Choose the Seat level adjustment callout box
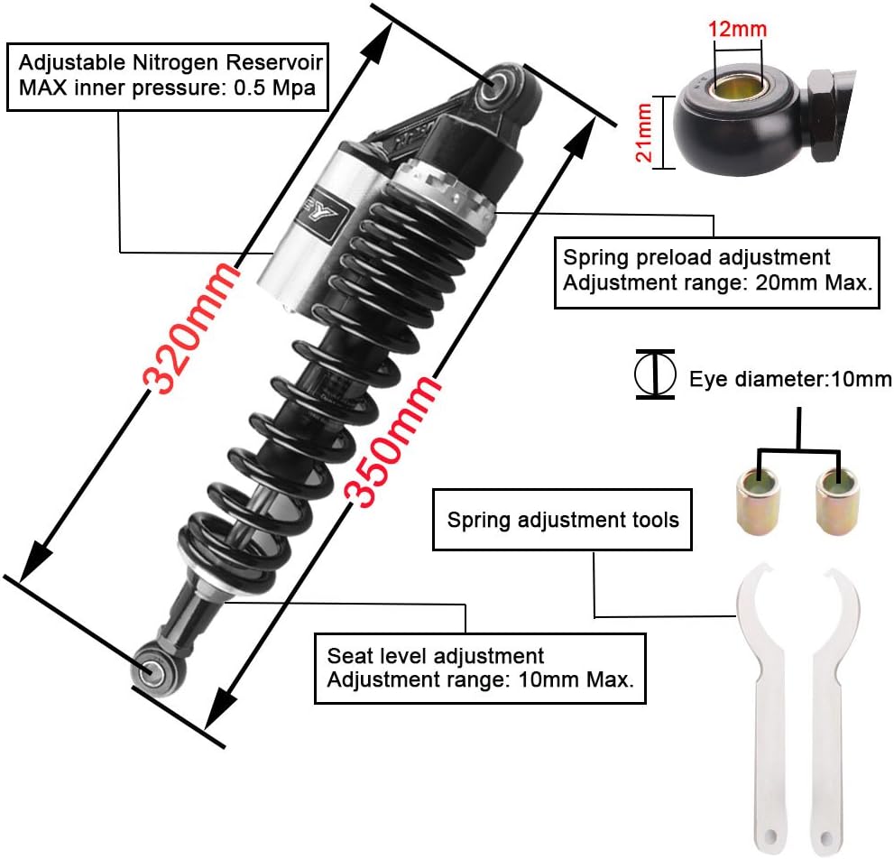(480, 668)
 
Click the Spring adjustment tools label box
(562, 520)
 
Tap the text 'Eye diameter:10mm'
(790, 379)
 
